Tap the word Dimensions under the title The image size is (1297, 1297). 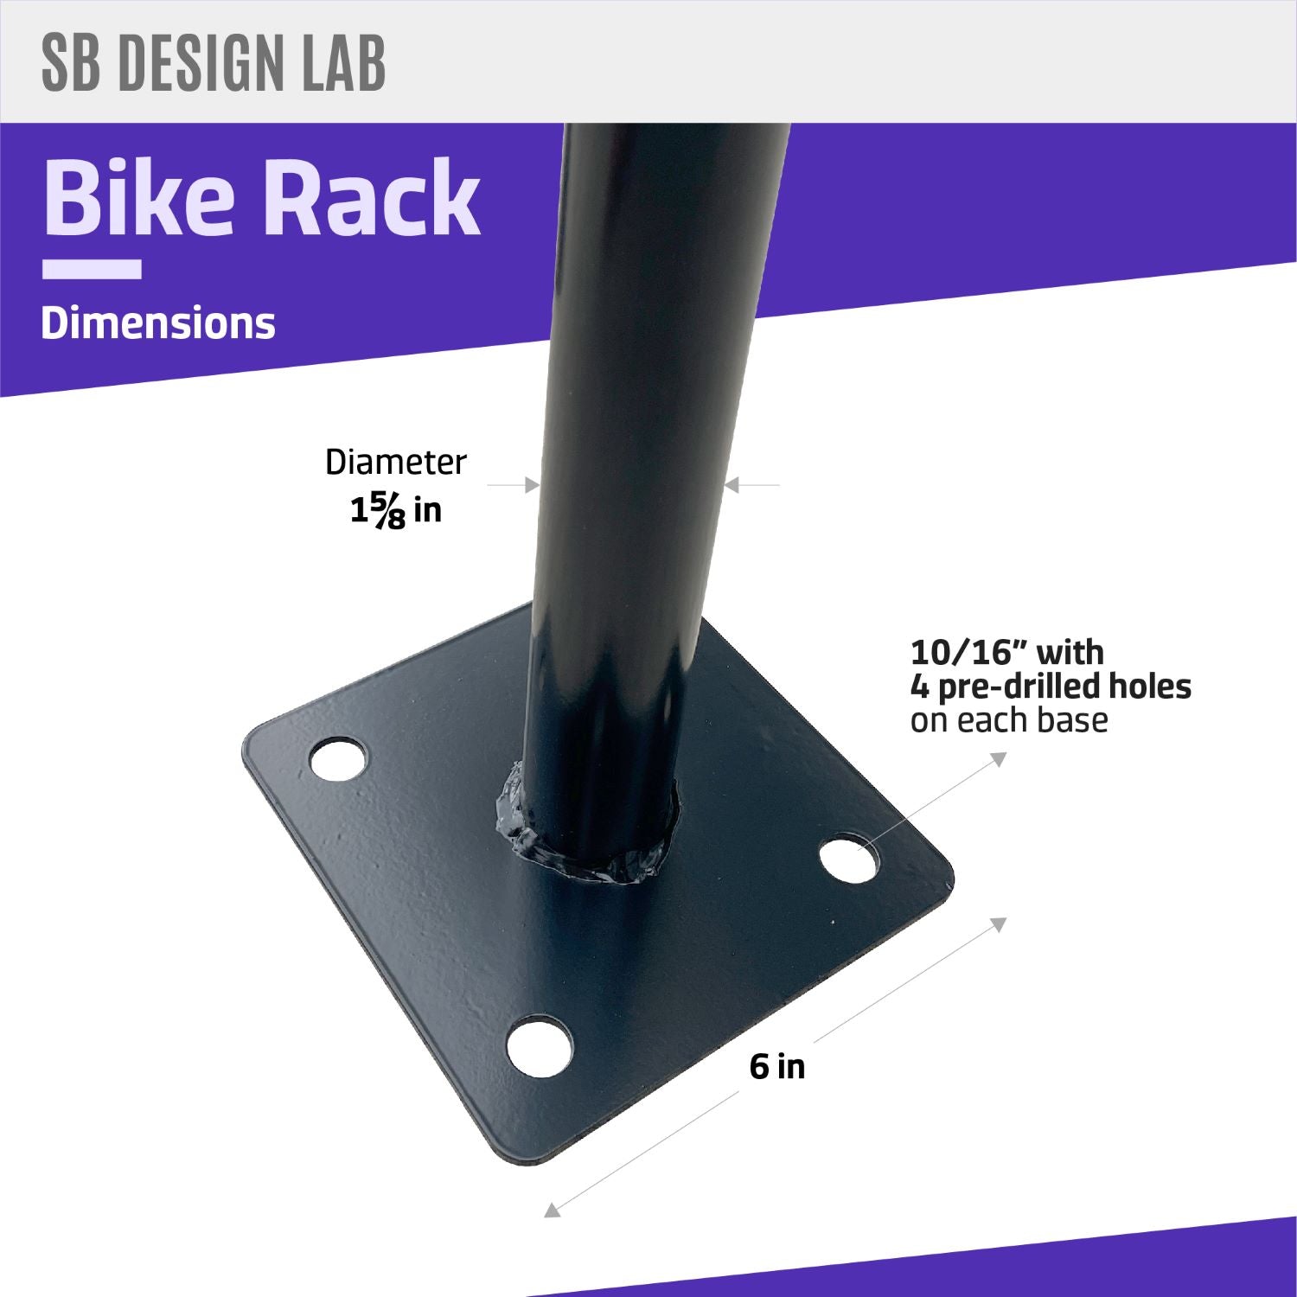pos(158,323)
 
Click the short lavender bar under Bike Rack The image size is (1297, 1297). pos(92,270)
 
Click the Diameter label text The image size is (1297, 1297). pos(395,463)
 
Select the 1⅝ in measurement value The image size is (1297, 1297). pos(395,510)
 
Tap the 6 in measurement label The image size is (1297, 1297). pos(776,1067)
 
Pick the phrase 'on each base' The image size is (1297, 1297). pos(1008,720)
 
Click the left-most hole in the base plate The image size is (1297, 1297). pos(338,759)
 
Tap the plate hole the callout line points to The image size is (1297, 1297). pos(848,857)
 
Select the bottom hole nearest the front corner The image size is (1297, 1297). pos(540,1046)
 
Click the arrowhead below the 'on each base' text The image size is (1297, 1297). pos(999,759)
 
